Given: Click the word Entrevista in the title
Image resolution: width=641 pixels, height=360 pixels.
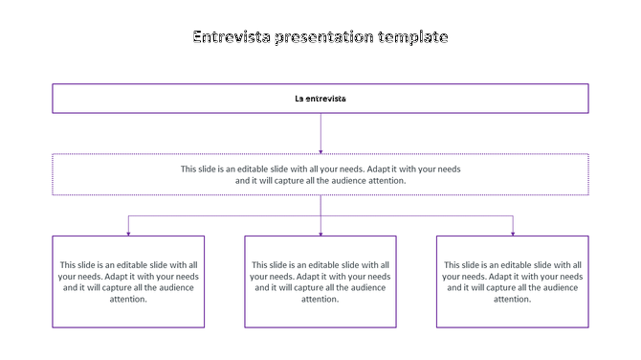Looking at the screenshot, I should click(x=232, y=37).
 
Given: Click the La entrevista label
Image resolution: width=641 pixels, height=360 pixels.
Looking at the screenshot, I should click(x=320, y=99).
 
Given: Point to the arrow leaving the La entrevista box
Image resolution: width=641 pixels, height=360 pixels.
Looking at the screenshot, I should click(x=320, y=133).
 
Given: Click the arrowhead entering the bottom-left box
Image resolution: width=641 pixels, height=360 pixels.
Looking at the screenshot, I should click(x=128, y=232).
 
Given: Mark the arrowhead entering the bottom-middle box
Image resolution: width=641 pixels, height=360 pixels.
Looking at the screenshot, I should click(x=320, y=232).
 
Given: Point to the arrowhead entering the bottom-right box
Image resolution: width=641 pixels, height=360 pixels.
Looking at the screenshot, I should click(x=513, y=232).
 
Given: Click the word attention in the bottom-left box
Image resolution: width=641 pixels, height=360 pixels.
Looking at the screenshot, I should click(x=128, y=299).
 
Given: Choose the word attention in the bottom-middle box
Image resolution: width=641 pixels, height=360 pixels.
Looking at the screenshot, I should click(x=320, y=299).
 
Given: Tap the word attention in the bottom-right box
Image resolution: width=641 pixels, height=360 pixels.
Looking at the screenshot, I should click(x=513, y=299).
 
